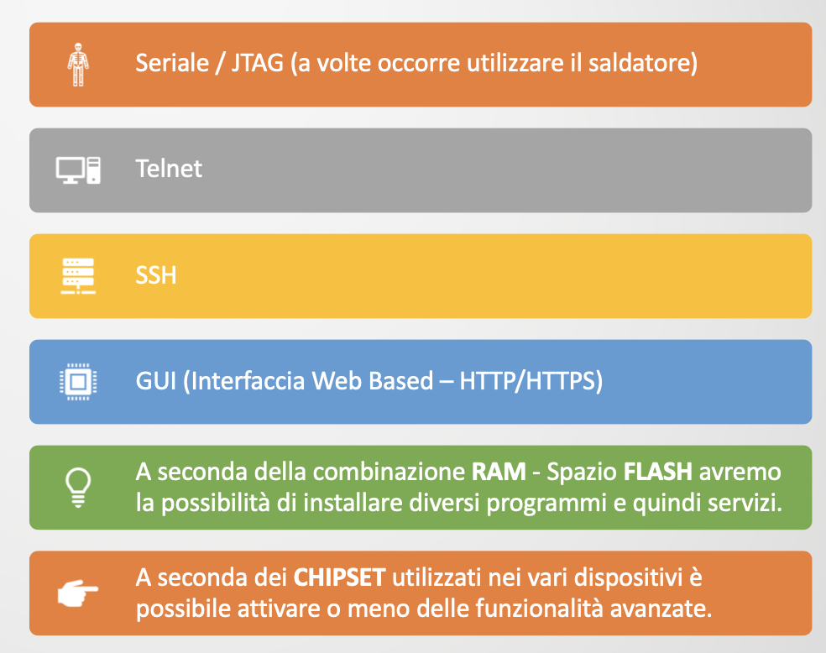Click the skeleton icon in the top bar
[78, 65]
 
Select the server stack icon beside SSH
[78, 276]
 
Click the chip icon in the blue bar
[78, 382]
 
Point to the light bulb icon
[78, 488]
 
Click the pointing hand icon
[78, 593]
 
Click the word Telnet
[169, 169]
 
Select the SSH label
[156, 275]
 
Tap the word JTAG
[258, 63]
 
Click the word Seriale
[172, 63]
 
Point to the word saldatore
[639, 63]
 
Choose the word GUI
[156, 381]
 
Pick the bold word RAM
[499, 472]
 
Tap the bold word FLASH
[658, 472]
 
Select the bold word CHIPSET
[339, 577]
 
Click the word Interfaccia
[248, 381]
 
